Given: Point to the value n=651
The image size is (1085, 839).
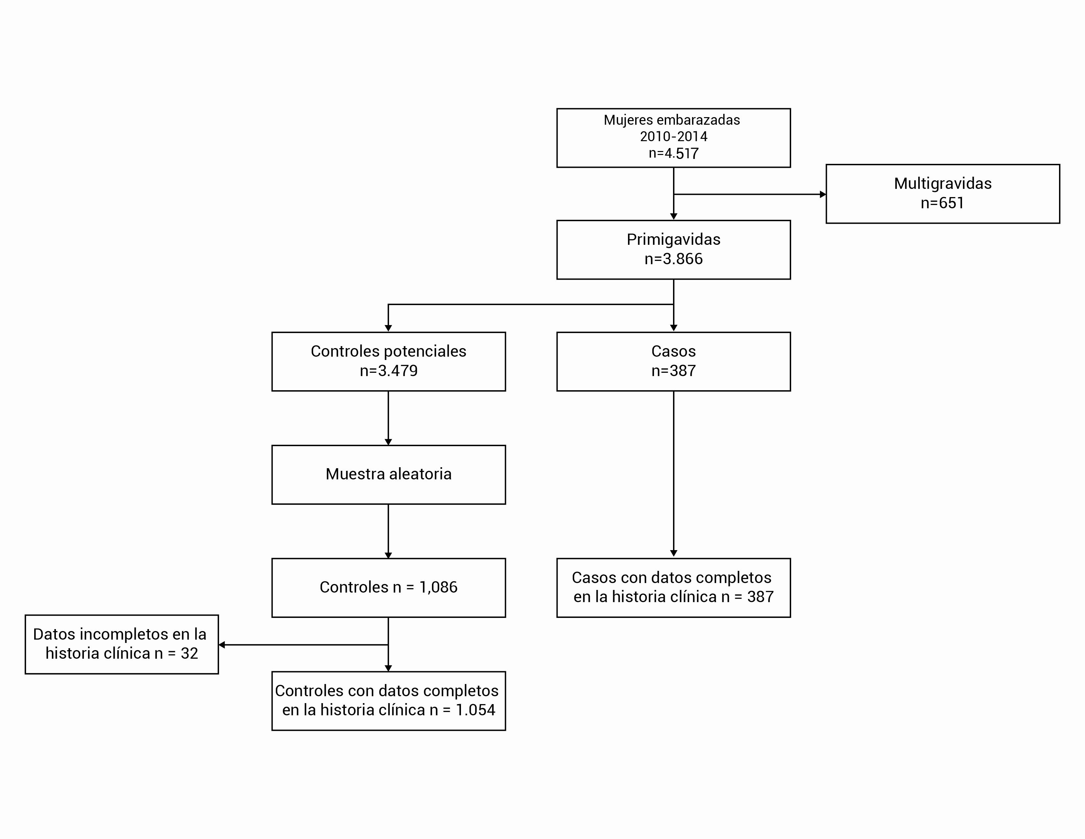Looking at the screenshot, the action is pyautogui.click(x=942, y=203).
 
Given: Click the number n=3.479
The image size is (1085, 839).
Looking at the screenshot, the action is pyautogui.click(x=389, y=371).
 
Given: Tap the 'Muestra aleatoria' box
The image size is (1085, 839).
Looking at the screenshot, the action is pyautogui.click(x=389, y=475).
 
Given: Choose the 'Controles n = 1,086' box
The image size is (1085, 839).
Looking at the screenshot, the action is pyautogui.click(x=389, y=588).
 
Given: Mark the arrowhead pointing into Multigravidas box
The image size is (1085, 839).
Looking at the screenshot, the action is pyautogui.click(x=823, y=194).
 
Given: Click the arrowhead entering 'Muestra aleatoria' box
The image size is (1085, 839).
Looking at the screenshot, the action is pyautogui.click(x=389, y=442).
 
